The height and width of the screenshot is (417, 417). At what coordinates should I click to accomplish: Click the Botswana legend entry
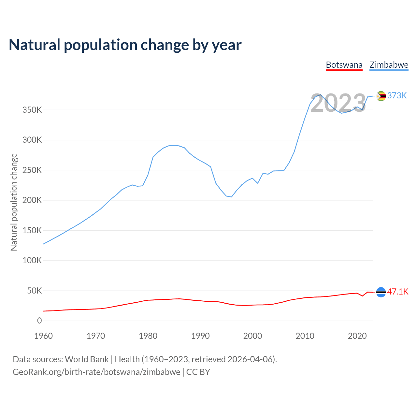[344, 65]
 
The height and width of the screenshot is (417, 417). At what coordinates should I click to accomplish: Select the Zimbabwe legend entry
[389, 65]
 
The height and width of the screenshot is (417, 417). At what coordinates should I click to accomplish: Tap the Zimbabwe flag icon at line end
[381, 96]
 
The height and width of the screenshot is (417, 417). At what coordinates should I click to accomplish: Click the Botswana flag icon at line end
[381, 292]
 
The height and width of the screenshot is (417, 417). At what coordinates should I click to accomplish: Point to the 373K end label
[397, 95]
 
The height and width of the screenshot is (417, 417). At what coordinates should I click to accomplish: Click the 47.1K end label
[398, 292]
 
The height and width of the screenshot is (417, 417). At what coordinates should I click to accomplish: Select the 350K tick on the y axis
[32, 110]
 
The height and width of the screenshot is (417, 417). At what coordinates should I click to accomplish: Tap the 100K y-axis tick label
[32, 261]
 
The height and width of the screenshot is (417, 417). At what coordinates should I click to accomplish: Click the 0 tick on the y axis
[39, 321]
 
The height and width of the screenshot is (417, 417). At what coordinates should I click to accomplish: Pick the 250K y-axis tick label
[32, 170]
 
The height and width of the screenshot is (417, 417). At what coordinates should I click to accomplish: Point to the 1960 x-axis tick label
[43, 336]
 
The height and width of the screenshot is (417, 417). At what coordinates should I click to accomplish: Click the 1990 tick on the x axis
[200, 336]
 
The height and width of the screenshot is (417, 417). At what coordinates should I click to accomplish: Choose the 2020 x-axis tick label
[357, 336]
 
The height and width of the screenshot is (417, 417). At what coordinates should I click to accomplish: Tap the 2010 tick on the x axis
[305, 336]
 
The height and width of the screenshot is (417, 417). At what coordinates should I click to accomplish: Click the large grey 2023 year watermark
[338, 103]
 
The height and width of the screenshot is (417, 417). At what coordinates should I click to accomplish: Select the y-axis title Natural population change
[14, 202]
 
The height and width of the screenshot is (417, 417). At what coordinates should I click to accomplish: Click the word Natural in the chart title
[35, 45]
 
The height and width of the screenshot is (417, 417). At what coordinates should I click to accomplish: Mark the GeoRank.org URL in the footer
[96, 372]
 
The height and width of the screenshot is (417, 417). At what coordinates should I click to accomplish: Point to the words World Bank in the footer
[87, 359]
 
